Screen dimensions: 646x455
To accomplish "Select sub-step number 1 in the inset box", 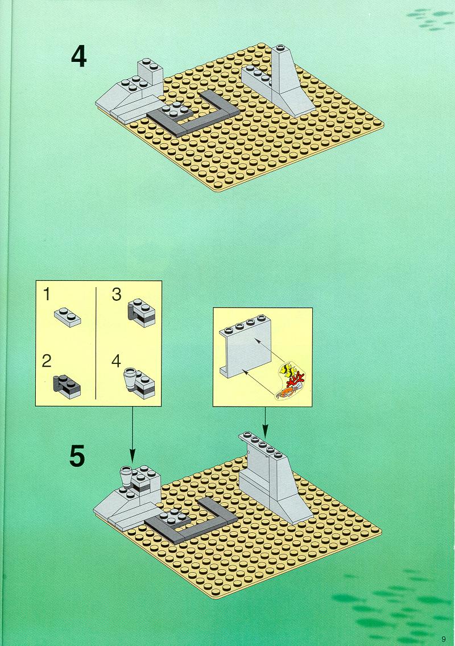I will pos(47,295).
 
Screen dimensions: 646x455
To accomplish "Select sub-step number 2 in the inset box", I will pos(47,361).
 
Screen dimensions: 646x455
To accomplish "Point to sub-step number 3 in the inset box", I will pos(116,295).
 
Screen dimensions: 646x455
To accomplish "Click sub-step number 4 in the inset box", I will pos(116,361).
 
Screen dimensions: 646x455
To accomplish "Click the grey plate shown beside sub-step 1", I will pos(67,316).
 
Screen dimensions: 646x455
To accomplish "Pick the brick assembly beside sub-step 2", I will pos(67,386).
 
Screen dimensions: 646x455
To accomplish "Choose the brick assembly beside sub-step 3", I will pos(142,312).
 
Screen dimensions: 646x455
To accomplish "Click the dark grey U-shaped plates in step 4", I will pos(193,114).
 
